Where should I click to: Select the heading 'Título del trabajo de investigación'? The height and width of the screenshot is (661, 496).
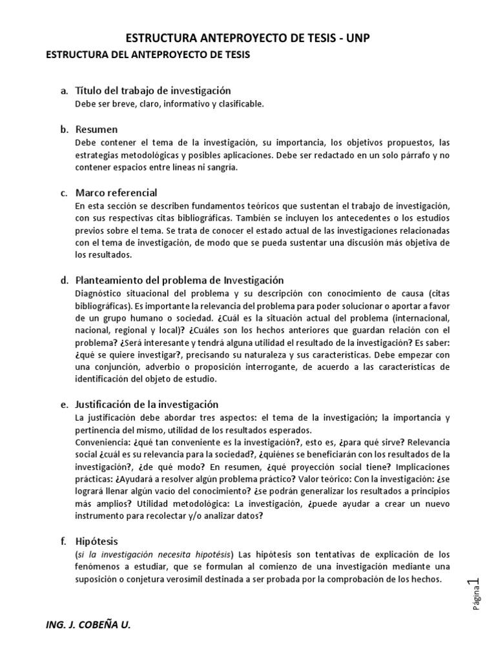click(x=153, y=90)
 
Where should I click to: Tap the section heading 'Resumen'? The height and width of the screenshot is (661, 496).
click(x=96, y=129)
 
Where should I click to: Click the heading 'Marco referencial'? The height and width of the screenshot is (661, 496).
click(x=116, y=192)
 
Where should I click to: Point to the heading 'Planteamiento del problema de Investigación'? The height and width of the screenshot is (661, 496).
click(x=180, y=280)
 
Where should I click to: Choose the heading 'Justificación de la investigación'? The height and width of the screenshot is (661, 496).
click(x=147, y=405)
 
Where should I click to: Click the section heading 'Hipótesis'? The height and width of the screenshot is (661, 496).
click(x=97, y=542)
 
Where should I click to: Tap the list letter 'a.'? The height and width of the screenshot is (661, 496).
click(x=65, y=91)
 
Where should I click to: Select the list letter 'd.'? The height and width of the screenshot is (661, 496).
click(x=65, y=281)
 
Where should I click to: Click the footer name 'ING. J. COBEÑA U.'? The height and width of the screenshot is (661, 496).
click(x=88, y=625)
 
